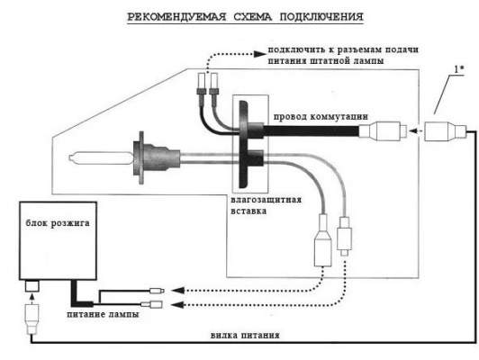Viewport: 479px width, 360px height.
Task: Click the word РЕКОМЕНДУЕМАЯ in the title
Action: [176, 16]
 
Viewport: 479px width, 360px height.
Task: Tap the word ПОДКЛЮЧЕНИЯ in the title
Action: [321, 16]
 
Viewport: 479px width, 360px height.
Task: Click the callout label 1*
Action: [458, 69]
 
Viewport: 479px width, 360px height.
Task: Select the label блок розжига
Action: [58, 223]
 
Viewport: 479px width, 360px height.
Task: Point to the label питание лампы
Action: [103, 314]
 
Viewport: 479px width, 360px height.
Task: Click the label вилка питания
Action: [245, 335]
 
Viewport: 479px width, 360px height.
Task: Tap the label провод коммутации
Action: [321, 117]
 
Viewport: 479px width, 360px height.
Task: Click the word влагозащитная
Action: [266, 200]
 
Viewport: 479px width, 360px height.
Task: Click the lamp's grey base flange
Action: [140, 157]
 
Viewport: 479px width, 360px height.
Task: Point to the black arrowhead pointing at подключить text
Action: [260, 54]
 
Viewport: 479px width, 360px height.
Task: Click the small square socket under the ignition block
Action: [32, 286]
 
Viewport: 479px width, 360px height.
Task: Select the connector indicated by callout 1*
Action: [445, 131]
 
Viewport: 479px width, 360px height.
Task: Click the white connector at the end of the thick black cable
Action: [384, 131]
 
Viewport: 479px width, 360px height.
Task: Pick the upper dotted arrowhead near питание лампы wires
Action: [178, 290]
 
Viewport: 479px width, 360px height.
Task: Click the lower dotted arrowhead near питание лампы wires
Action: [178, 304]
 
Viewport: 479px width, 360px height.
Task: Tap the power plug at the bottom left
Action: [32, 319]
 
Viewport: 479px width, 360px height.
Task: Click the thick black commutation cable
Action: [311, 131]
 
